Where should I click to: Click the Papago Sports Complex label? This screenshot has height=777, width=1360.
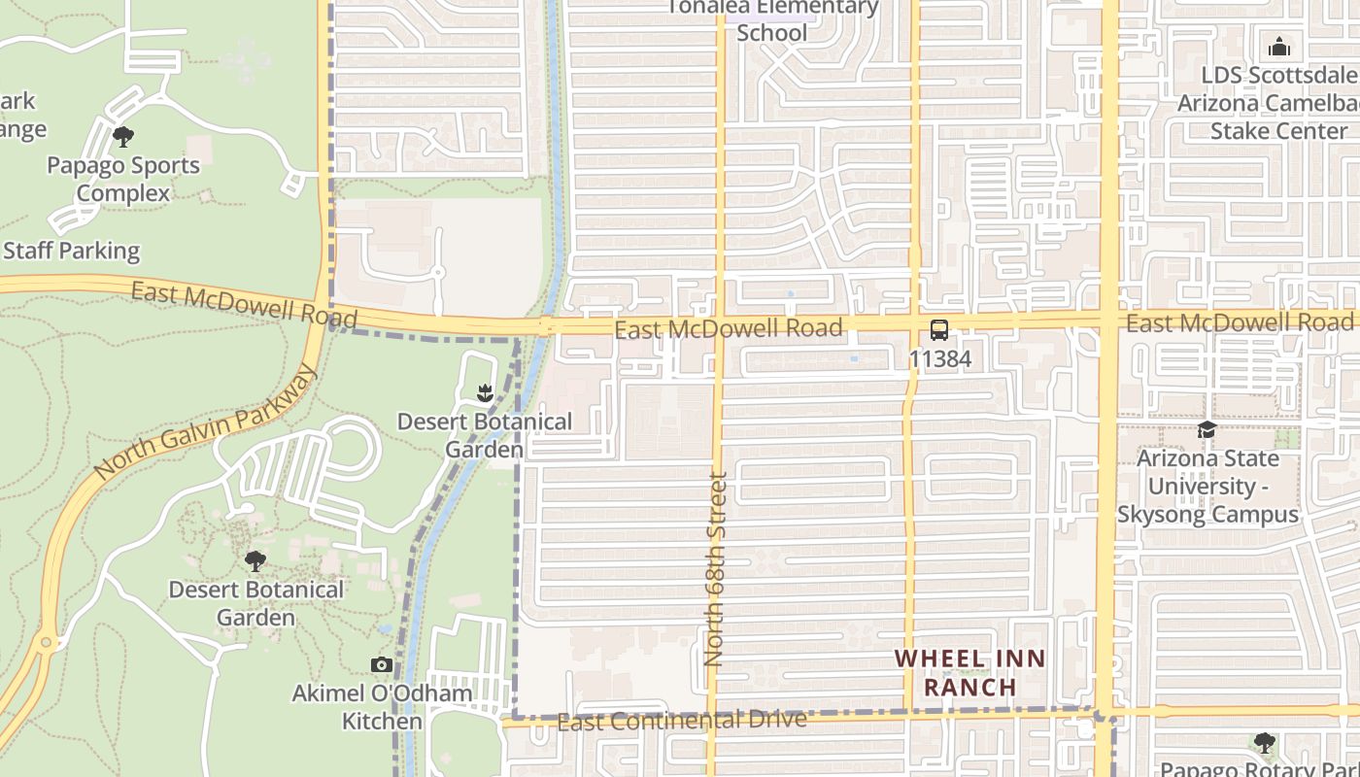click(123, 180)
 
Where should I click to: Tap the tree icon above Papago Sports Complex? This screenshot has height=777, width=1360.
click(123, 136)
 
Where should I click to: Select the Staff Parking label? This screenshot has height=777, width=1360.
click(72, 251)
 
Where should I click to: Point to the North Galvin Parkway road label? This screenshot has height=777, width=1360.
click(206, 422)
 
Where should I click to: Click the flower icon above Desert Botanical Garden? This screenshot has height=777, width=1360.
click(485, 392)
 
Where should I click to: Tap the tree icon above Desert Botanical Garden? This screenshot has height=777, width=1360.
click(255, 560)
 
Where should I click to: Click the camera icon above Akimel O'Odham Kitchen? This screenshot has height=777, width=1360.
click(382, 665)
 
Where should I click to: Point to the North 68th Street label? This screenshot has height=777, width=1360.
click(717, 568)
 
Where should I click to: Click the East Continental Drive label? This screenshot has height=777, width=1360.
click(682, 721)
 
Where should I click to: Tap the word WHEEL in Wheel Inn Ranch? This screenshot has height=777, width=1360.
click(936, 659)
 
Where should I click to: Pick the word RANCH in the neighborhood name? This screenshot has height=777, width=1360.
click(969, 687)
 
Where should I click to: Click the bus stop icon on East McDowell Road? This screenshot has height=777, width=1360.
click(938, 329)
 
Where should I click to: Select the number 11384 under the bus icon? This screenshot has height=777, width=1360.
click(939, 358)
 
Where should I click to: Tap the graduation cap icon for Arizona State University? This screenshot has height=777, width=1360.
click(1207, 429)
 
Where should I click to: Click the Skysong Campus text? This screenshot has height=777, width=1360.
click(1207, 514)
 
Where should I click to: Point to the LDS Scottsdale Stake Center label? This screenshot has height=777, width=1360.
click(1278, 103)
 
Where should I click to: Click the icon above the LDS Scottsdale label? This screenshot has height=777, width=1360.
click(1279, 46)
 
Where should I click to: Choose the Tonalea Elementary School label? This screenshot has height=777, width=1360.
click(772, 19)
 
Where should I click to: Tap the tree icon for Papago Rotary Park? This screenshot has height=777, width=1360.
click(1264, 743)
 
